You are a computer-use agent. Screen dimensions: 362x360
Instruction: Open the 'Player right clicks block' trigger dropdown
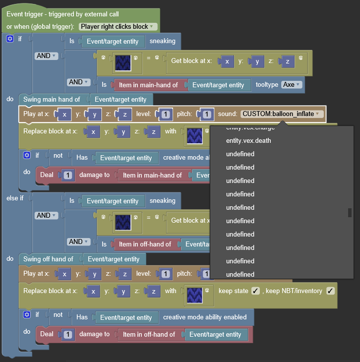(118, 26)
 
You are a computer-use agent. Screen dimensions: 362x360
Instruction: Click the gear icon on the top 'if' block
(9, 39)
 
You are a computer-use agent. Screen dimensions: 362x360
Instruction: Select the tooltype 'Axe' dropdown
(292, 85)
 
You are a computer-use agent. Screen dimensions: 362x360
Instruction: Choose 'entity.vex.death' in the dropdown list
(248, 141)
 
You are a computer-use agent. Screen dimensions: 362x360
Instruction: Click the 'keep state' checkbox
(256, 291)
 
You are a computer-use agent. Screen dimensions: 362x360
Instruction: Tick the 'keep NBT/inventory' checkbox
(331, 291)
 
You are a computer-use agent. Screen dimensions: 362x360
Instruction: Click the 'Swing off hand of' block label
(48, 259)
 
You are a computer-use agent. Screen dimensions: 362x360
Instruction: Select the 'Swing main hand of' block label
(52, 100)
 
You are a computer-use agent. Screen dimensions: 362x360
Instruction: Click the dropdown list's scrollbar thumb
(350, 213)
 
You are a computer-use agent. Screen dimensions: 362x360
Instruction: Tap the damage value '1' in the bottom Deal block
(68, 334)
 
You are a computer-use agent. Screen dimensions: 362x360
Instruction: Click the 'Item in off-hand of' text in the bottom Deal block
(149, 334)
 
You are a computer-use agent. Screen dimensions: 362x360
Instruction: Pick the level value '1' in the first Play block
(166, 114)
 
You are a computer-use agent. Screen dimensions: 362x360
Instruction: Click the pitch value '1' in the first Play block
(207, 114)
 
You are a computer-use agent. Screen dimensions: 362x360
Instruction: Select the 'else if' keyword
(15, 198)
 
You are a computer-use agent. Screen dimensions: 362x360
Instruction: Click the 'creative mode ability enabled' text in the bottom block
(204, 317)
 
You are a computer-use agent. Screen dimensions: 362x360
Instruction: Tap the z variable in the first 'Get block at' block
(287, 61)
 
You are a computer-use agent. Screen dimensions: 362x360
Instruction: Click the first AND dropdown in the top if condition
(47, 56)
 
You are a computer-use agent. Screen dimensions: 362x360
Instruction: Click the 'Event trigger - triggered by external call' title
(62, 14)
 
